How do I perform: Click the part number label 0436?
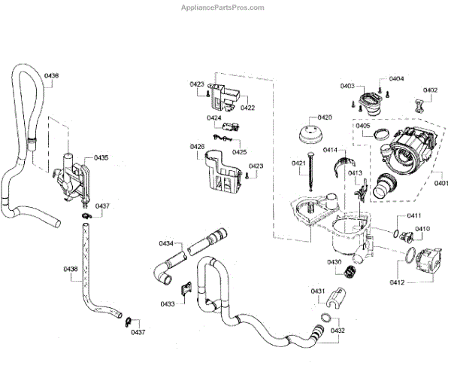(52, 76)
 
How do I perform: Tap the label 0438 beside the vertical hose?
(70, 269)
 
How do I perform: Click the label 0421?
(298, 163)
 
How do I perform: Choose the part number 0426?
(197, 146)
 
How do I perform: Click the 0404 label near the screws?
(396, 78)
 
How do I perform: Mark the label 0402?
(430, 90)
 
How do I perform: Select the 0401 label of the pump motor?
(440, 181)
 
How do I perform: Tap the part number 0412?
(398, 282)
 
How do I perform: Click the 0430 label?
(334, 261)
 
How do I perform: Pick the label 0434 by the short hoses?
(166, 242)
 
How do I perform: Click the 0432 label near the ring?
(337, 331)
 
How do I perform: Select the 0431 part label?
(318, 291)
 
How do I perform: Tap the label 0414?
(330, 151)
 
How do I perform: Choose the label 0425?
(239, 152)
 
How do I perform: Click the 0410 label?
(422, 228)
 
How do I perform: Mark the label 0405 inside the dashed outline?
(363, 126)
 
